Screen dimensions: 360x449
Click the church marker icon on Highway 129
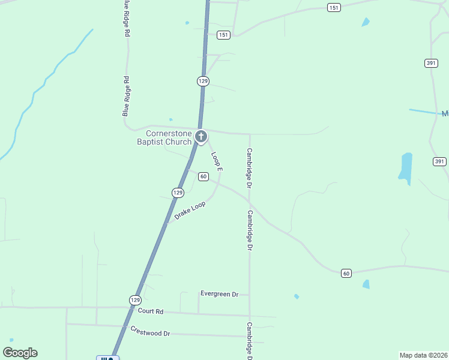(202, 137)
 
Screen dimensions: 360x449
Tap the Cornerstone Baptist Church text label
(164, 137)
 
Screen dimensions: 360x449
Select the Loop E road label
(217, 161)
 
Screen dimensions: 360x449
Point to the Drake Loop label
(190, 209)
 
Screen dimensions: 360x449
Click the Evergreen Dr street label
(220, 294)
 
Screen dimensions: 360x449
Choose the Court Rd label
(151, 311)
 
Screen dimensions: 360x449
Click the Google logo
(20, 353)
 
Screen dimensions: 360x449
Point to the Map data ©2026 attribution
(423, 355)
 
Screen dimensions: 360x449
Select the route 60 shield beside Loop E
(203, 176)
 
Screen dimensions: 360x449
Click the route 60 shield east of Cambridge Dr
(346, 273)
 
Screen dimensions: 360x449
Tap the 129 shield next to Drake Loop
(177, 193)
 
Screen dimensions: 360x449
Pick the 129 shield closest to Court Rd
(134, 299)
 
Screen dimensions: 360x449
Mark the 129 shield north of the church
(203, 80)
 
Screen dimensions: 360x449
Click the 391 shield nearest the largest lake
(439, 161)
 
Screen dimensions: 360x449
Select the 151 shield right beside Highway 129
(223, 35)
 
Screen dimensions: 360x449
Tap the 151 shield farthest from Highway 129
(334, 7)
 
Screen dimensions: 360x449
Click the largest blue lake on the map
(406, 166)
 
